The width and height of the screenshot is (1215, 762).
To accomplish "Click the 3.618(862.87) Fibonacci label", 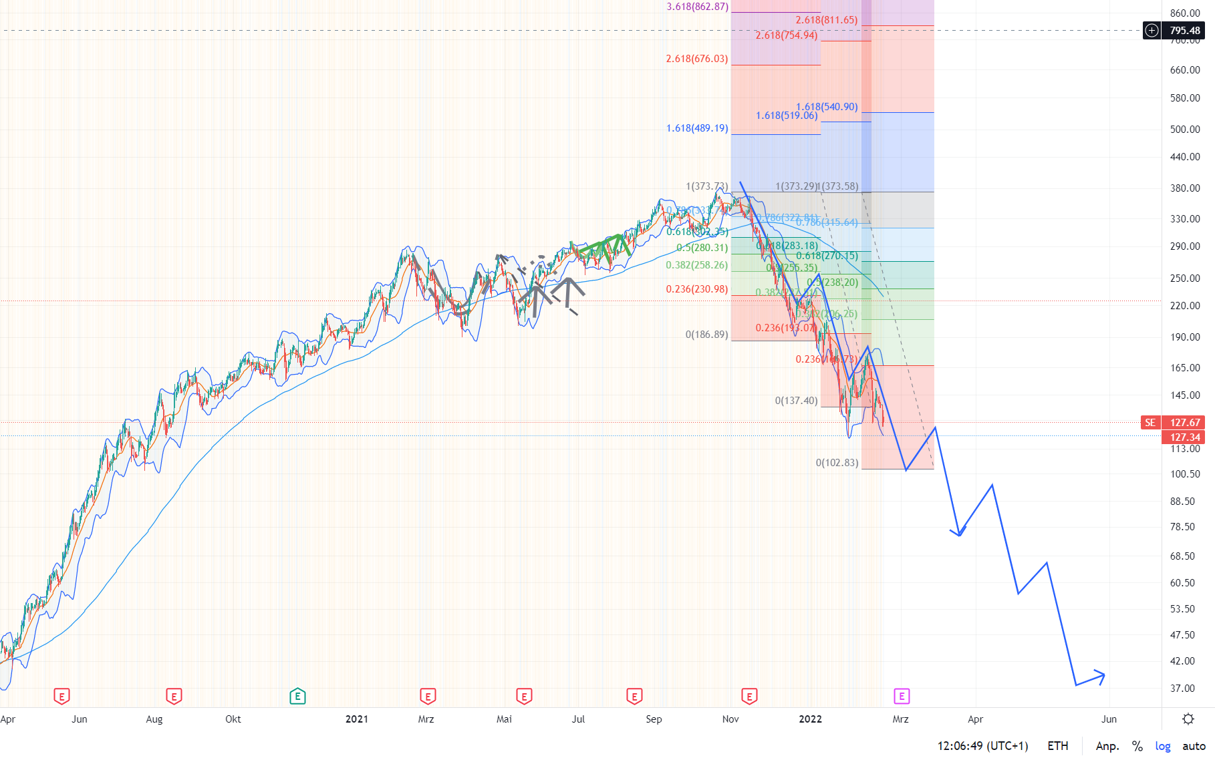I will [697, 7].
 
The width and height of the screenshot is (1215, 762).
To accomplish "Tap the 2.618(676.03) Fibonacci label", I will [696, 59].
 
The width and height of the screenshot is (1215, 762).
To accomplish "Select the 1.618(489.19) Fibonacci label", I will [696, 128].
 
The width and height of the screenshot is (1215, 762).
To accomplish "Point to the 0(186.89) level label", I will [706, 335].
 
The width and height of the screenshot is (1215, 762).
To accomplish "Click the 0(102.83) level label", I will [837, 463].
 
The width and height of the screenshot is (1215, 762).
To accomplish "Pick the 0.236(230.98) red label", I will [696, 289].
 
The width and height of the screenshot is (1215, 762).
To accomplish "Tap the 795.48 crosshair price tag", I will [1184, 31].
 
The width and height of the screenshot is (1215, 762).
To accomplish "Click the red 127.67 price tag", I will [1184, 423].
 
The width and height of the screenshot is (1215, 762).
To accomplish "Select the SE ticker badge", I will [1150, 423].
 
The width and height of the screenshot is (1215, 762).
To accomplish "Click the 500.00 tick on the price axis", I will [1184, 130].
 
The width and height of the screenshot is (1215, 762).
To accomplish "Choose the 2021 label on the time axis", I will [356, 719].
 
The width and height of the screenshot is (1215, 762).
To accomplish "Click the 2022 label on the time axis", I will [810, 719].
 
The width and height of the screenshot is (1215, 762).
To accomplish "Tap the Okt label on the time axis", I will [233, 719].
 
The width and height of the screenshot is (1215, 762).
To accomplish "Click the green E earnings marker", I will [297, 697].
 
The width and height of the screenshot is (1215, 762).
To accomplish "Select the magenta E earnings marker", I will [901, 697].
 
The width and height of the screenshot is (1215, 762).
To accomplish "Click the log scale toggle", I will [1162, 746].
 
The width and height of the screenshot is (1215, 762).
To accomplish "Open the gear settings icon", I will [1188, 719].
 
